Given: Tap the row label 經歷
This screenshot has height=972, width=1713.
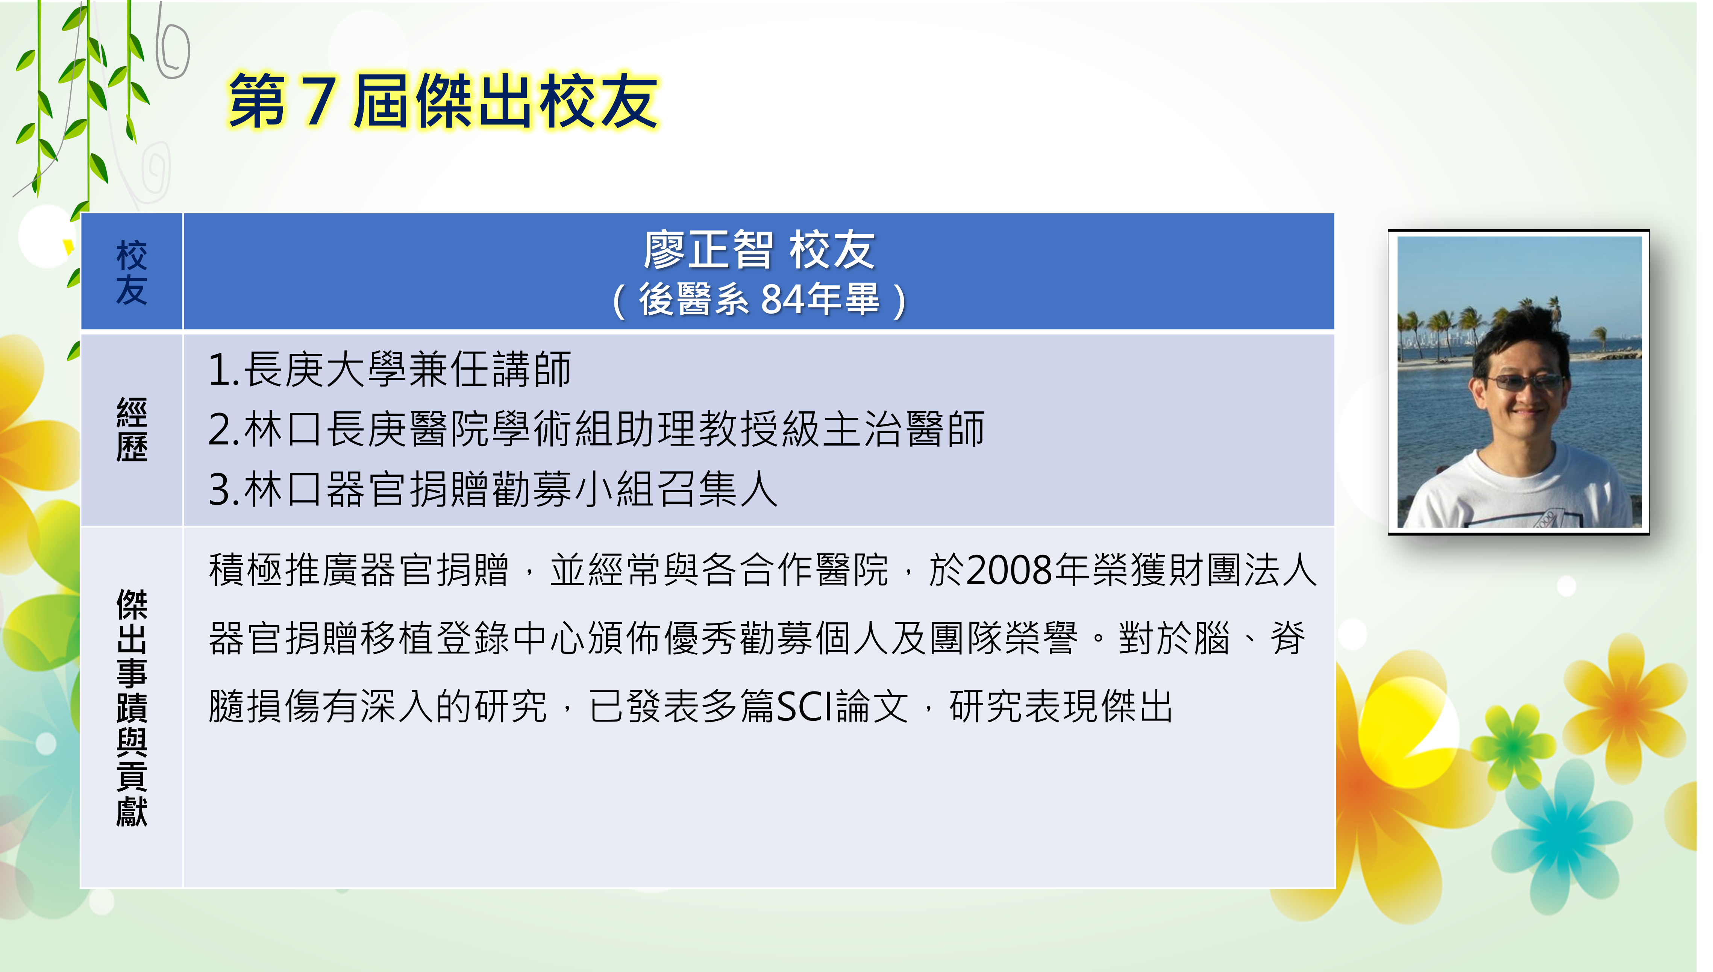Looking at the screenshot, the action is [x=132, y=429].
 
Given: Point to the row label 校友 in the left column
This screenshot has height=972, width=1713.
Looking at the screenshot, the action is [x=132, y=272].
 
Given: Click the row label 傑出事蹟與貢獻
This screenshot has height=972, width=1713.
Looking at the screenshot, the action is [x=132, y=708].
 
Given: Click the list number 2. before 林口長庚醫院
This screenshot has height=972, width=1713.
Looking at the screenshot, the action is [x=224, y=429].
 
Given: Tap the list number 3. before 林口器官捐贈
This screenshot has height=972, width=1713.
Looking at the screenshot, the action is [x=224, y=489].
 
